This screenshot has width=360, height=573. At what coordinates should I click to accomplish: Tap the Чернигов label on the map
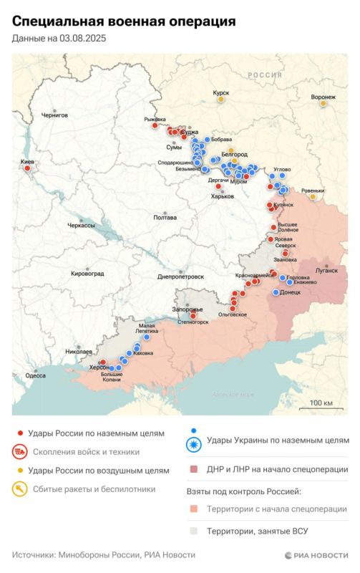[x=54, y=115]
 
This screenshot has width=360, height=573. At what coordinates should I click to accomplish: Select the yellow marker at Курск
[x=221, y=100]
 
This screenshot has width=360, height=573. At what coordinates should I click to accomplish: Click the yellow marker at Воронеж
[x=323, y=104]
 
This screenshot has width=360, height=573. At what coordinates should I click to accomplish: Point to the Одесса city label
[x=35, y=375]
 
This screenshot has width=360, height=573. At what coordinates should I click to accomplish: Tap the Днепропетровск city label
[x=180, y=276]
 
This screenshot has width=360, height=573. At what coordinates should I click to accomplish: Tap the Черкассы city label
[x=81, y=225]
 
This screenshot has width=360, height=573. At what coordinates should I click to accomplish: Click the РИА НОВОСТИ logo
[x=316, y=555]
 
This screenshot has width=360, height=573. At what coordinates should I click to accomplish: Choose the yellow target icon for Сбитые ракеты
[x=19, y=490]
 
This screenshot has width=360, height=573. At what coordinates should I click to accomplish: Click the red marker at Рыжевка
[x=155, y=126]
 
